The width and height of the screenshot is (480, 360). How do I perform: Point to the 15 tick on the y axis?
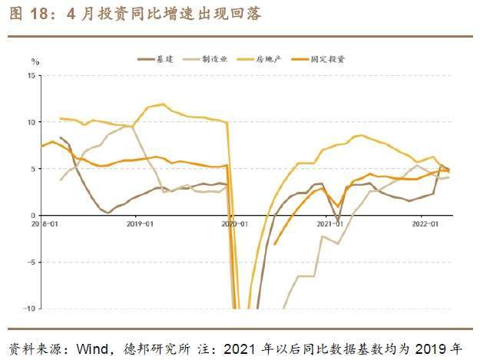31,75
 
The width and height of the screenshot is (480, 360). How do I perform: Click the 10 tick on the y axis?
31,122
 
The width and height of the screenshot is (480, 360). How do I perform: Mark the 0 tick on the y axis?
34,215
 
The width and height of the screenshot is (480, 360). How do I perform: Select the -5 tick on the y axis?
31,262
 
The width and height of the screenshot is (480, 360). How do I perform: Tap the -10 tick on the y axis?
30,309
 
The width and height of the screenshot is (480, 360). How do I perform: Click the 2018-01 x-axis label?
45,223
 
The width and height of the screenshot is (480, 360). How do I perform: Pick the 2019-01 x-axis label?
139,223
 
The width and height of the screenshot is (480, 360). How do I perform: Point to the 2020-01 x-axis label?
234,223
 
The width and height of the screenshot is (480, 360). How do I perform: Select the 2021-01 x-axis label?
329,223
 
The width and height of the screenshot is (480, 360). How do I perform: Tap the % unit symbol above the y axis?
35,61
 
